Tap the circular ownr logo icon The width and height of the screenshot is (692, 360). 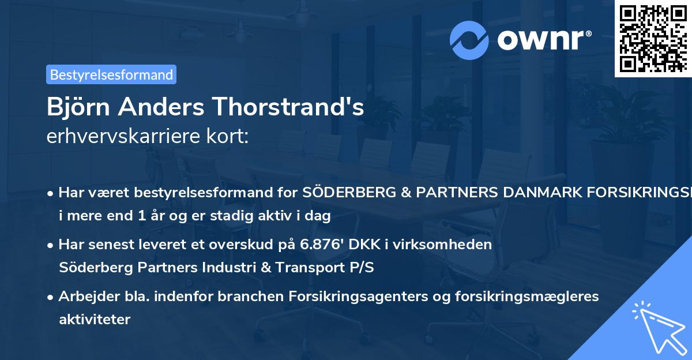click(x=469, y=40)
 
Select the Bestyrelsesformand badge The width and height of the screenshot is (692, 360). click(x=111, y=74)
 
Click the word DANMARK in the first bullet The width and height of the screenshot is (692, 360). click(x=509, y=192)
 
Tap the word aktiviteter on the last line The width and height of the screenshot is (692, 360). click(x=95, y=319)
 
